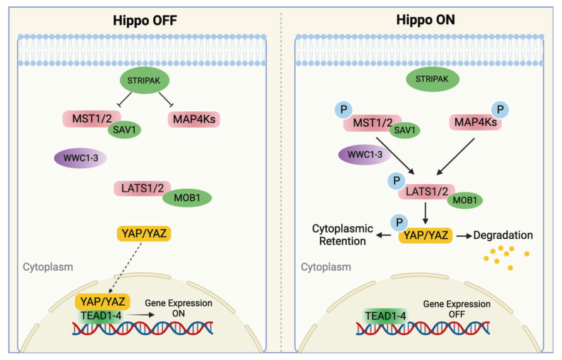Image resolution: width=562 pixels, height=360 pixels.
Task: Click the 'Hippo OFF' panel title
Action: coord(145,20)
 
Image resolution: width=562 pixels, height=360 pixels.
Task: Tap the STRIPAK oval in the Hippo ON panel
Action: coord(433,80)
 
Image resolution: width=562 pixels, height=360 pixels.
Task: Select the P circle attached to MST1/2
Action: coord(343,111)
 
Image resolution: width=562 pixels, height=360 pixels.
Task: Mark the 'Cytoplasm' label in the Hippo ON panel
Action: coord(326,267)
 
